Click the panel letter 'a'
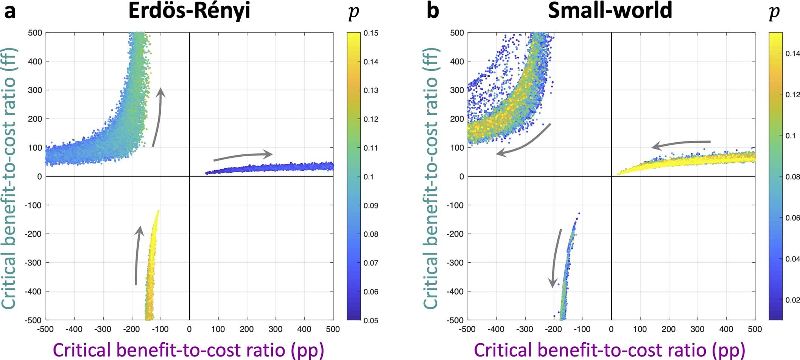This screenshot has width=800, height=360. [x=10, y=11]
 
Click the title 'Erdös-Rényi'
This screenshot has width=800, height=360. [x=189, y=11]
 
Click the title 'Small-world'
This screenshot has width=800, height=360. [x=610, y=11]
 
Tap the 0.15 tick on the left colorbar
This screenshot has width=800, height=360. [x=370, y=33]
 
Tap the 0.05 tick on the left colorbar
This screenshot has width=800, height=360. [x=370, y=320]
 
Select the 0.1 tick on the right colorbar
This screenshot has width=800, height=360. [x=790, y=136]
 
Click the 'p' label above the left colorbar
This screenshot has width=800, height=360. [x=353, y=12]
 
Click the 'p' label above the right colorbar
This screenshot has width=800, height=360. [x=774, y=12]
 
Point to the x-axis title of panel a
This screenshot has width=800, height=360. [x=189, y=349]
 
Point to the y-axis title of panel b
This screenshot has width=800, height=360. [x=430, y=178]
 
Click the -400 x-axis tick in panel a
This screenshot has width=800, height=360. [x=74, y=329]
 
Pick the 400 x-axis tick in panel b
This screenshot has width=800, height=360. [x=726, y=329]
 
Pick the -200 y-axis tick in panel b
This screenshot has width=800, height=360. [x=456, y=234]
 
